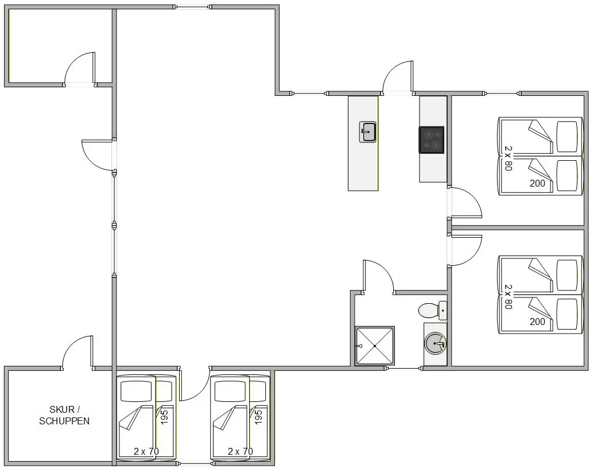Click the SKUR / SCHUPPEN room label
64,416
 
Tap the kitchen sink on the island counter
367,132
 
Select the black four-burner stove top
432,140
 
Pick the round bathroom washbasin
436,344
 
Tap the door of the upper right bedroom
466,202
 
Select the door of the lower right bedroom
466,250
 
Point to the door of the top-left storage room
80,68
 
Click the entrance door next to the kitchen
398,76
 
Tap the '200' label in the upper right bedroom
537,183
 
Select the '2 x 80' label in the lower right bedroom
508,297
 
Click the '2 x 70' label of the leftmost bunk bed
146,451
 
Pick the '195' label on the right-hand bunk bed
259,417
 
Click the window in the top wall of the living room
192,7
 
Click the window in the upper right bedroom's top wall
502,93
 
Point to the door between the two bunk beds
194,384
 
